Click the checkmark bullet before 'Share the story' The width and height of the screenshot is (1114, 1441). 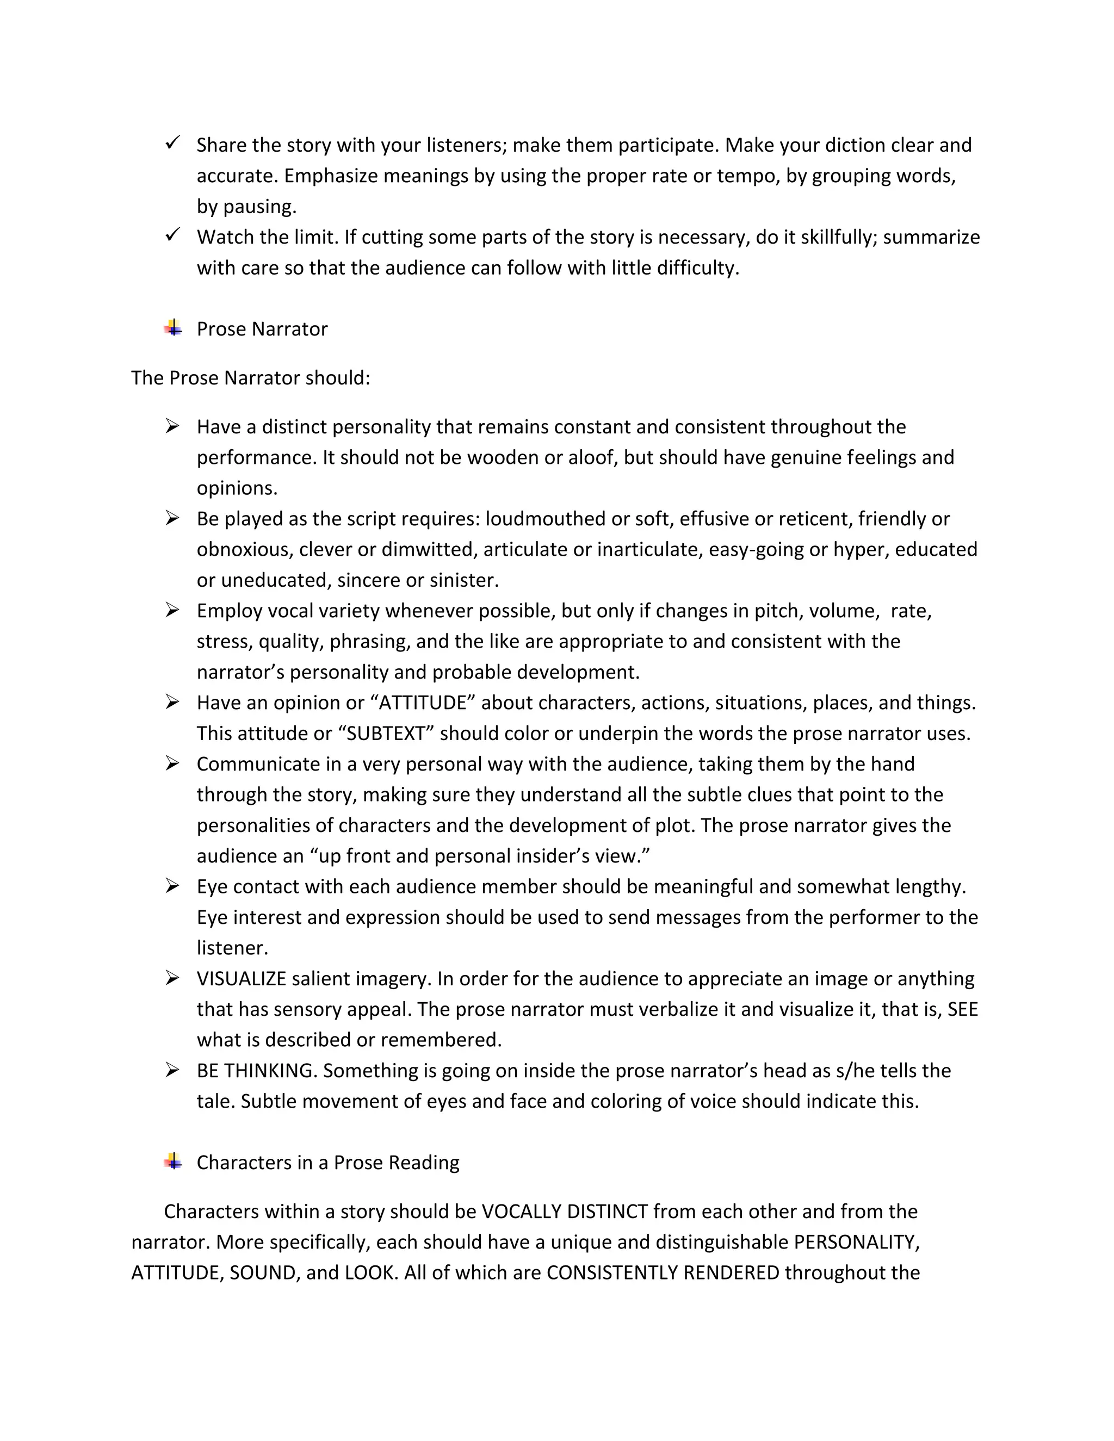tap(172, 142)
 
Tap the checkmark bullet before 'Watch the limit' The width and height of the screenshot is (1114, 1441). tap(172, 234)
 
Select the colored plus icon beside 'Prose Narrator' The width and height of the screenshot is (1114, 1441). tap(173, 327)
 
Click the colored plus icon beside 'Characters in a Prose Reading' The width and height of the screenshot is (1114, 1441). tap(173, 1162)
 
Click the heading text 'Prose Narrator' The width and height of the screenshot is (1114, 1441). tap(262, 329)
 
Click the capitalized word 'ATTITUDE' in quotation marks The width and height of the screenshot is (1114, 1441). tap(423, 703)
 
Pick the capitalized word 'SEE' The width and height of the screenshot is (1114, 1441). tap(962, 1009)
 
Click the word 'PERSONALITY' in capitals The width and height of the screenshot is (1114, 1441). tap(855, 1243)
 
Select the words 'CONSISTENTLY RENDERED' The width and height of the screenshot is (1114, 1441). tap(663, 1273)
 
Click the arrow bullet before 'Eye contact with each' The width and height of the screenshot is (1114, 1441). tap(172, 886)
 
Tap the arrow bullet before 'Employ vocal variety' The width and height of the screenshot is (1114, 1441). tap(172, 610)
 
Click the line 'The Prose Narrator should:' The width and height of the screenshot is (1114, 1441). tap(251, 378)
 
